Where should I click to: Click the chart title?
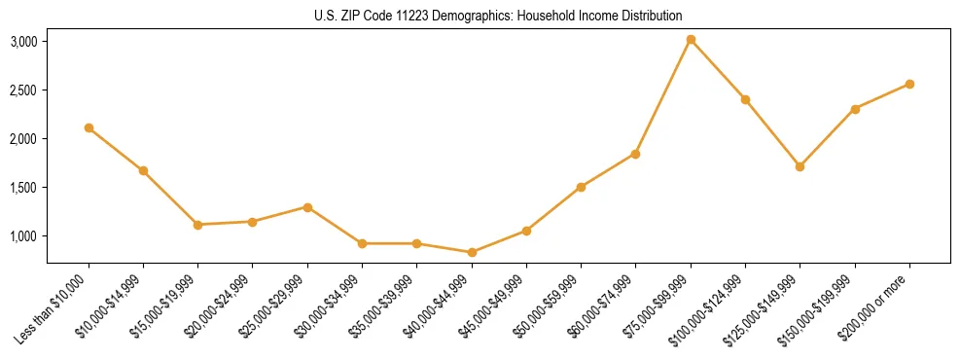[498, 16]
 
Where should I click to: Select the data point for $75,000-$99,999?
[691, 40]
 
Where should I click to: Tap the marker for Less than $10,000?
[89, 127]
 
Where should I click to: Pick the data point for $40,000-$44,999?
[472, 252]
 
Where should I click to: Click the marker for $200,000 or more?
[909, 84]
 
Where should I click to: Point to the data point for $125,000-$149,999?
[800, 166]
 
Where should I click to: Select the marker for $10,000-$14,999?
[143, 170]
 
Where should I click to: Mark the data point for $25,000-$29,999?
[307, 207]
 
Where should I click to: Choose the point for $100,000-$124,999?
[745, 99]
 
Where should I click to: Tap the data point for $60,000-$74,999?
[635, 154]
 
